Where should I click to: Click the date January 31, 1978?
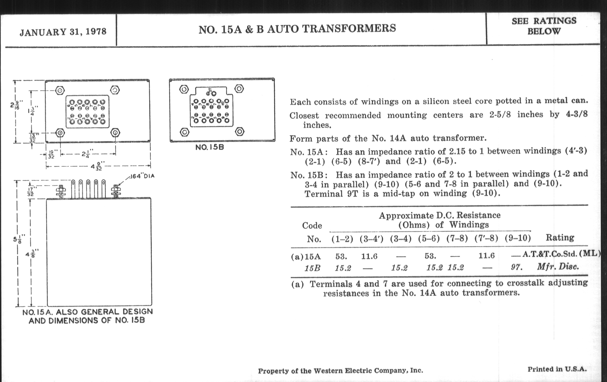63,32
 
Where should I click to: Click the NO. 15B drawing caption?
209,147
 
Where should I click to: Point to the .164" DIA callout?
142,176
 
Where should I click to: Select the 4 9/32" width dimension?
97,166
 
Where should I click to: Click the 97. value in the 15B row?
516,267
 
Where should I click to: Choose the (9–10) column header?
517,238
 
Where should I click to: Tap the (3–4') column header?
371,239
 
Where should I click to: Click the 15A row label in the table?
312,257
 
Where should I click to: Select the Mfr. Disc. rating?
558,267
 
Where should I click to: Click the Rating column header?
560,237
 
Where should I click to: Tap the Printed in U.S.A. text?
557,369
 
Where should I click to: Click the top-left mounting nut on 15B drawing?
184,89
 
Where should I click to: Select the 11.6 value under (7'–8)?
486,256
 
